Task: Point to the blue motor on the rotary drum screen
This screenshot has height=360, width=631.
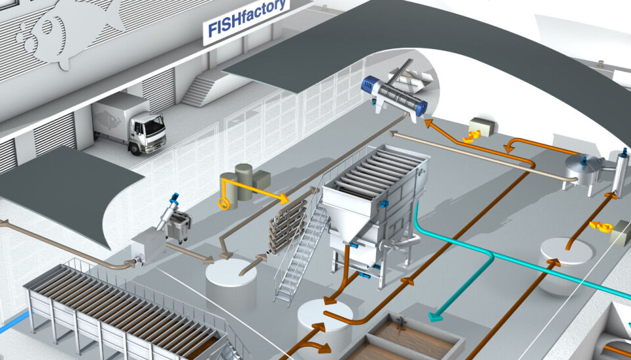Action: point(369,85)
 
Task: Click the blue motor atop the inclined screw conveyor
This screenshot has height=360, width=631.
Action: point(174,197)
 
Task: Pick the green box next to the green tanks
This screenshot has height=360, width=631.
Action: point(261,179)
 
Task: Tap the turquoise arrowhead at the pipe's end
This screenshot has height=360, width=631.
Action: point(434,317)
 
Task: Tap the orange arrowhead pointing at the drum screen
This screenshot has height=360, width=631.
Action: point(428,122)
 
